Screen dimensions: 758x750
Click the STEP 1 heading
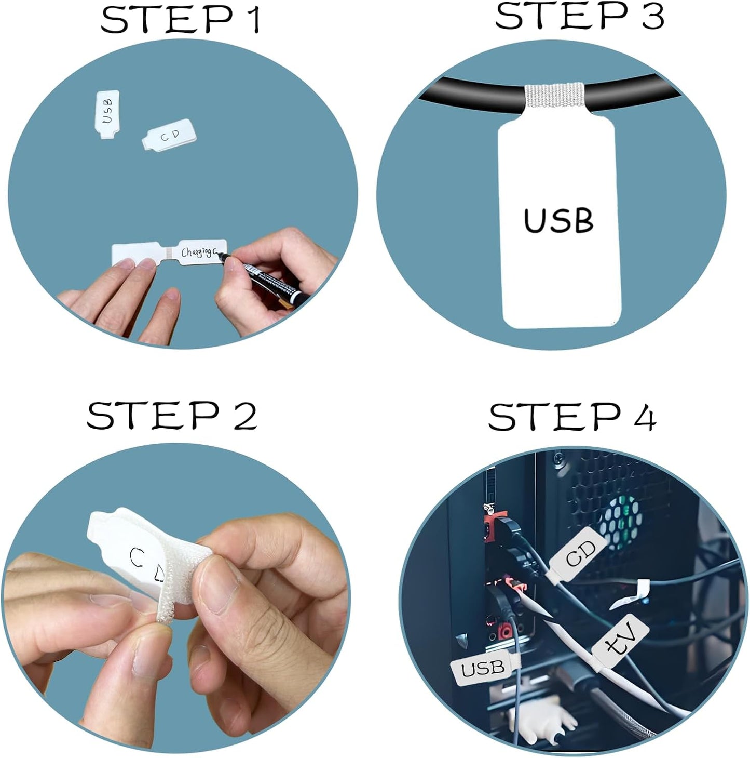tap(180, 21)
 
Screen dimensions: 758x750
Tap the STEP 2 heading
tap(171, 416)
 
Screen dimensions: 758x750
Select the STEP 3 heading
tap(579, 17)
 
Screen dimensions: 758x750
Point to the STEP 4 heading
tap(572, 417)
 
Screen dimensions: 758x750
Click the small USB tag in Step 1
tap(108, 115)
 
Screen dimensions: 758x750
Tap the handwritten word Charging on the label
tap(197, 252)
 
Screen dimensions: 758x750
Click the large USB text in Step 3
tap(558, 220)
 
